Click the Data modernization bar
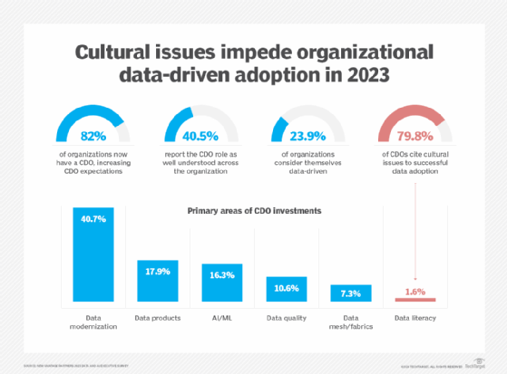click(93, 254)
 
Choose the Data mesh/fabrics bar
click(350, 295)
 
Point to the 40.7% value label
click(93, 218)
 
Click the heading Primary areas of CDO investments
click(253, 210)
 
